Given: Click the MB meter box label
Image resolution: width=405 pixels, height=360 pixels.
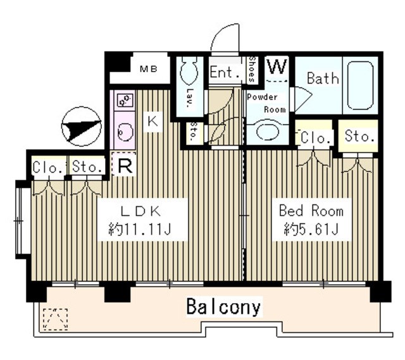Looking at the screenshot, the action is (149, 69).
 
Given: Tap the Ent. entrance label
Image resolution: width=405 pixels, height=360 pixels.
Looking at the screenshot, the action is (224, 72).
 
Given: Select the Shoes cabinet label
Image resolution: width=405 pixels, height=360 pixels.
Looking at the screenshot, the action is (252, 69).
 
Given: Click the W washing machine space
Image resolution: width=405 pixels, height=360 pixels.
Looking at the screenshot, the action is (277, 67).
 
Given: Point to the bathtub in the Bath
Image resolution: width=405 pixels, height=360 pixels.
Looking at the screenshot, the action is (360, 85).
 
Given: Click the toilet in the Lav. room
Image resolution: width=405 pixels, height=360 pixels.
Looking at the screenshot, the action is (189, 70).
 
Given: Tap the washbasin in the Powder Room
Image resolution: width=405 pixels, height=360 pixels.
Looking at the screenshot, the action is (268, 131).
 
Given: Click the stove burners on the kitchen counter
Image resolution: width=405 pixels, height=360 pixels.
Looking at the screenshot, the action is (125, 100).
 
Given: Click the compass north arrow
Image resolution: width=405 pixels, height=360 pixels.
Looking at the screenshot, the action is (82, 127).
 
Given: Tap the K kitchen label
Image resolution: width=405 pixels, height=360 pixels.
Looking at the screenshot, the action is (153, 121).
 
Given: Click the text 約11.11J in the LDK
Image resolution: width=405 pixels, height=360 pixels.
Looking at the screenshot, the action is (140, 229).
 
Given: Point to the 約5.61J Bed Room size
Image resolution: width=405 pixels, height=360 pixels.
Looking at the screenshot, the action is (311, 229).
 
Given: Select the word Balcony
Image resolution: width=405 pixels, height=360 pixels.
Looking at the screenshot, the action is (223, 307).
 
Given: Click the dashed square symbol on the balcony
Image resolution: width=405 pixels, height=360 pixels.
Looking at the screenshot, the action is (55, 319).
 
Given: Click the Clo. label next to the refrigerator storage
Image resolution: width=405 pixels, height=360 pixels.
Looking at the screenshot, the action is (48, 167).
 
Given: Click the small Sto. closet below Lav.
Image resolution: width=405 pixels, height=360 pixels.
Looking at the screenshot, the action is (193, 132).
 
